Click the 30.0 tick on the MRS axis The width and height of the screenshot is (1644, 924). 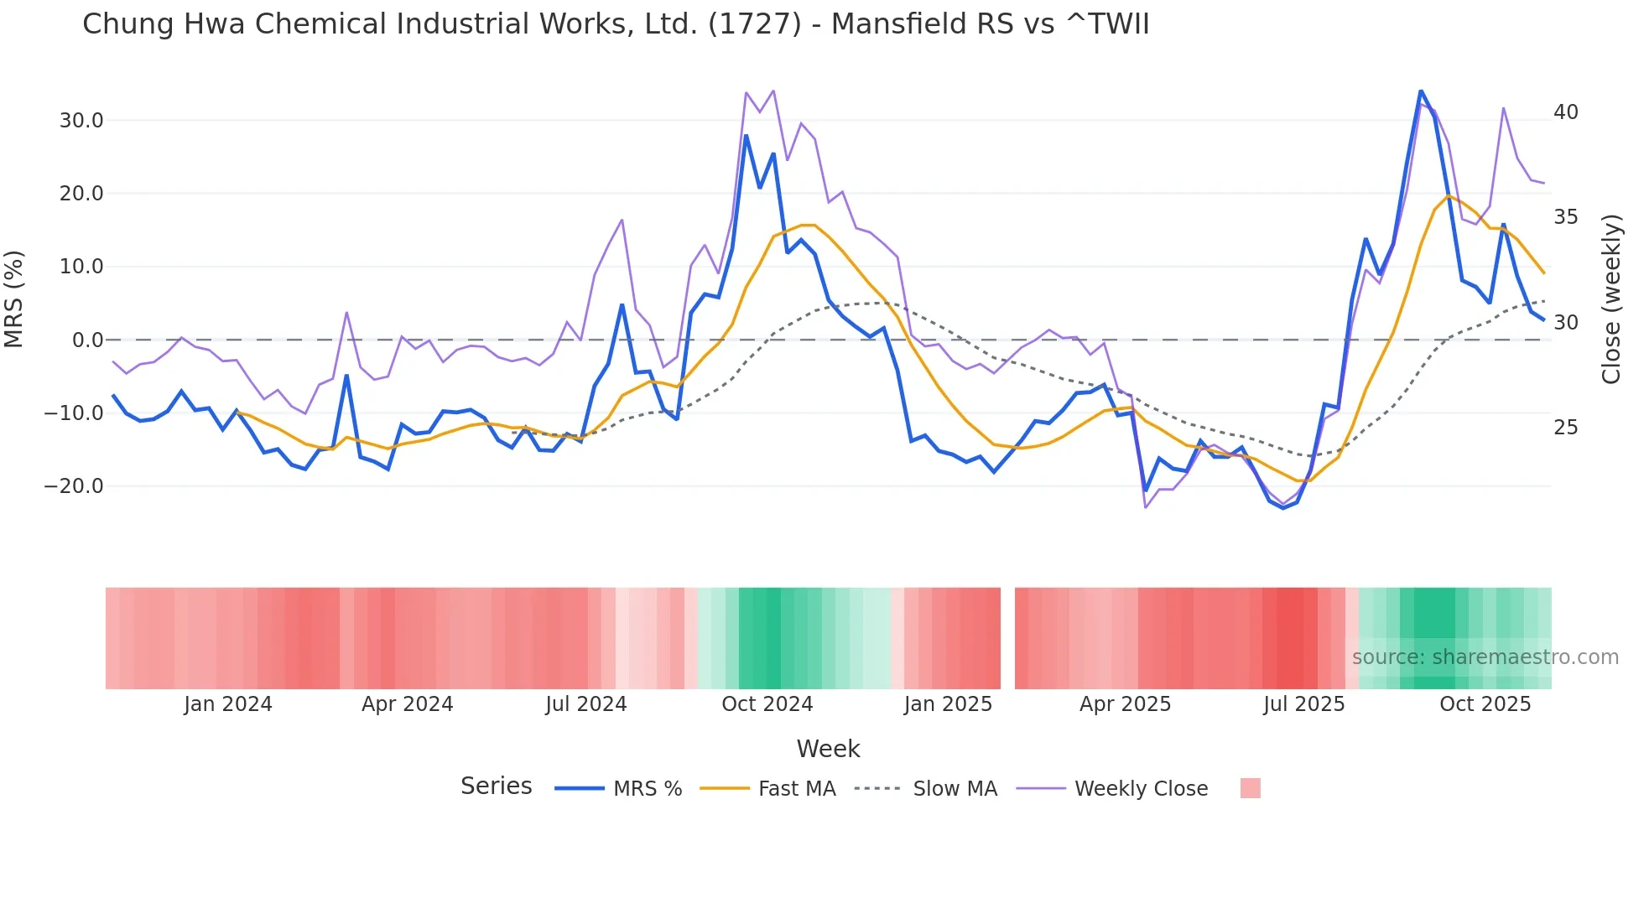[81, 121]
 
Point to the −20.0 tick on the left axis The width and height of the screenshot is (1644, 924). [74, 486]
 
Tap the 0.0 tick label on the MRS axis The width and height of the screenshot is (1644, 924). [87, 340]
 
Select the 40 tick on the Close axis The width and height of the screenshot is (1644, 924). [1565, 112]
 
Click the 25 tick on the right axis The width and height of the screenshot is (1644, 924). [1565, 428]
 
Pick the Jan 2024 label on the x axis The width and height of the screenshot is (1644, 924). [228, 704]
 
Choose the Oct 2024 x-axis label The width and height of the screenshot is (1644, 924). [767, 704]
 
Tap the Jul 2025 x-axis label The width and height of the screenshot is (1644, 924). [1303, 704]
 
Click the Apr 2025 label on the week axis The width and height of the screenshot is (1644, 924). [1125, 704]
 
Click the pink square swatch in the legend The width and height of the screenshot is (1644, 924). [1250, 788]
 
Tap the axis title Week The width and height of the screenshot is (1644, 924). [828, 749]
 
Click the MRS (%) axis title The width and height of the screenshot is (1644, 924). [14, 298]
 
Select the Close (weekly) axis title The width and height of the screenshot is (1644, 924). [1610, 298]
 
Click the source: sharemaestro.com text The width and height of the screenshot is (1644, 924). [1485, 657]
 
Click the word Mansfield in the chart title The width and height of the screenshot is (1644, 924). [898, 23]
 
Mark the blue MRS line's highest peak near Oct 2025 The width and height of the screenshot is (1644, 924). [1421, 91]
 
